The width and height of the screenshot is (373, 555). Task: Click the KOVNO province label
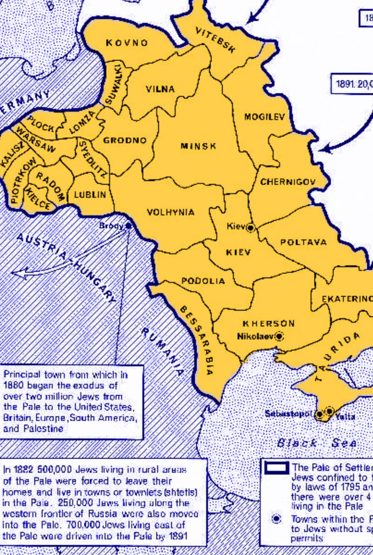pyautogui.click(x=127, y=43)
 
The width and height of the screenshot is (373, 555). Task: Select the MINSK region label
pyautogui.click(x=198, y=146)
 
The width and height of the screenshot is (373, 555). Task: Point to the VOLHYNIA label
pyautogui.click(x=171, y=212)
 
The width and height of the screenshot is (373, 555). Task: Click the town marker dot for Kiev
pyautogui.click(x=251, y=228)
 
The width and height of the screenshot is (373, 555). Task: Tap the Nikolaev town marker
pyautogui.click(x=279, y=336)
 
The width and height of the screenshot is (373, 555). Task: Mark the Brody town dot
pyautogui.click(x=128, y=226)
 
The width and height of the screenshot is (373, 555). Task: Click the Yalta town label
pyautogui.click(x=345, y=417)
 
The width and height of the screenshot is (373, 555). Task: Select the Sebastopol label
pyautogui.click(x=289, y=413)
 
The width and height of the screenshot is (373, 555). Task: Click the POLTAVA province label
pyautogui.click(x=303, y=242)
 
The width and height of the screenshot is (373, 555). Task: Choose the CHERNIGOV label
pyautogui.click(x=287, y=182)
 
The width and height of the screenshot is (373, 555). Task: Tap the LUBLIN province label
pyautogui.click(x=90, y=195)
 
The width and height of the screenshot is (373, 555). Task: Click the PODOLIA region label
pyautogui.click(x=203, y=281)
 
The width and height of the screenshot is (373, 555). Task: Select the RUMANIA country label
pyautogui.click(x=162, y=351)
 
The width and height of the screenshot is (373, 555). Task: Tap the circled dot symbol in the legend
pyautogui.click(x=276, y=519)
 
